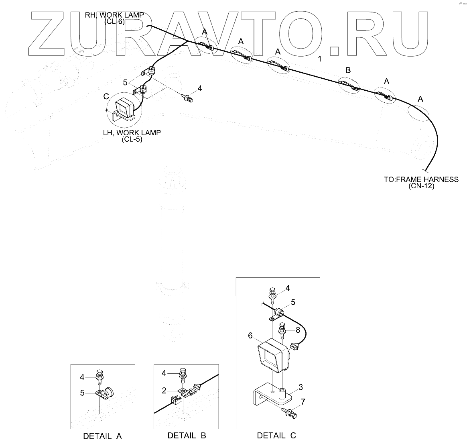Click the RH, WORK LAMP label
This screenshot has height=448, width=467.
click(x=114, y=15)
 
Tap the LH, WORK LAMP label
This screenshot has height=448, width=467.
click(x=132, y=133)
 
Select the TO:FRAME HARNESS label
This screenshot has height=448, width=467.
click(x=421, y=179)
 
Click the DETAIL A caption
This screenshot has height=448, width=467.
click(x=102, y=436)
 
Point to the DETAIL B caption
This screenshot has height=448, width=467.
click(x=187, y=435)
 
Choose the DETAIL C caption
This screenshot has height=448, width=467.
click(x=276, y=435)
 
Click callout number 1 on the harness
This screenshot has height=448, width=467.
click(x=320, y=59)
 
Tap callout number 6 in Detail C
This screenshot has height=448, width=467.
click(x=250, y=336)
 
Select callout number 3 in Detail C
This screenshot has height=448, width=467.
click(x=301, y=387)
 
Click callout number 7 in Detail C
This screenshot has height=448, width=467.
click(x=303, y=401)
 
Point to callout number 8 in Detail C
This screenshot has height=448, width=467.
click(x=297, y=330)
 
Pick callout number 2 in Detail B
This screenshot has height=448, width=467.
click(x=164, y=390)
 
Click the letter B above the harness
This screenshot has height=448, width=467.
click(x=348, y=70)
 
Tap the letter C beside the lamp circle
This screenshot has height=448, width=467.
click(x=106, y=97)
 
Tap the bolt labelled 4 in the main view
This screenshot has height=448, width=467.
click(x=187, y=97)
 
